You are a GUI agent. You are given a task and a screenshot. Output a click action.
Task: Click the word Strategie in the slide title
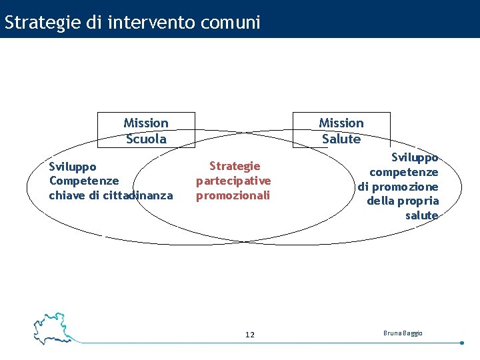(x=43, y=23)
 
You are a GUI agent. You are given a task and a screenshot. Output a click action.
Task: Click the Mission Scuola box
(x=146, y=130)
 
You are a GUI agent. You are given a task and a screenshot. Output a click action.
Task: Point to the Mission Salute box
(x=341, y=130)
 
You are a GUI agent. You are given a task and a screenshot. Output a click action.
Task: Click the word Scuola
(x=146, y=139)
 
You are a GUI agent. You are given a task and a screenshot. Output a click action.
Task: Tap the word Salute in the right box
(x=341, y=139)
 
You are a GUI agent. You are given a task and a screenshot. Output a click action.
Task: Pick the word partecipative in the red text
(x=233, y=181)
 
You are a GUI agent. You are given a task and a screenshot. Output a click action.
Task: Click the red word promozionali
(x=233, y=195)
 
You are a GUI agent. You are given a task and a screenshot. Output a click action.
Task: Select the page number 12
(x=249, y=335)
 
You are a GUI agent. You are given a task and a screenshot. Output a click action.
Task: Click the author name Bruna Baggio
(x=403, y=333)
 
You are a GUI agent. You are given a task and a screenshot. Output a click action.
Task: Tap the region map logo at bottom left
(x=53, y=327)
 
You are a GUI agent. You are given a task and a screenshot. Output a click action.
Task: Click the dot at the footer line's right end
(x=462, y=343)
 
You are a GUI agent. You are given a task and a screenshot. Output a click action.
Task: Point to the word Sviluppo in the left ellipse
(x=73, y=166)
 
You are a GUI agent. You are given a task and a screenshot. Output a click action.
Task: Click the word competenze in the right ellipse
(x=404, y=172)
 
